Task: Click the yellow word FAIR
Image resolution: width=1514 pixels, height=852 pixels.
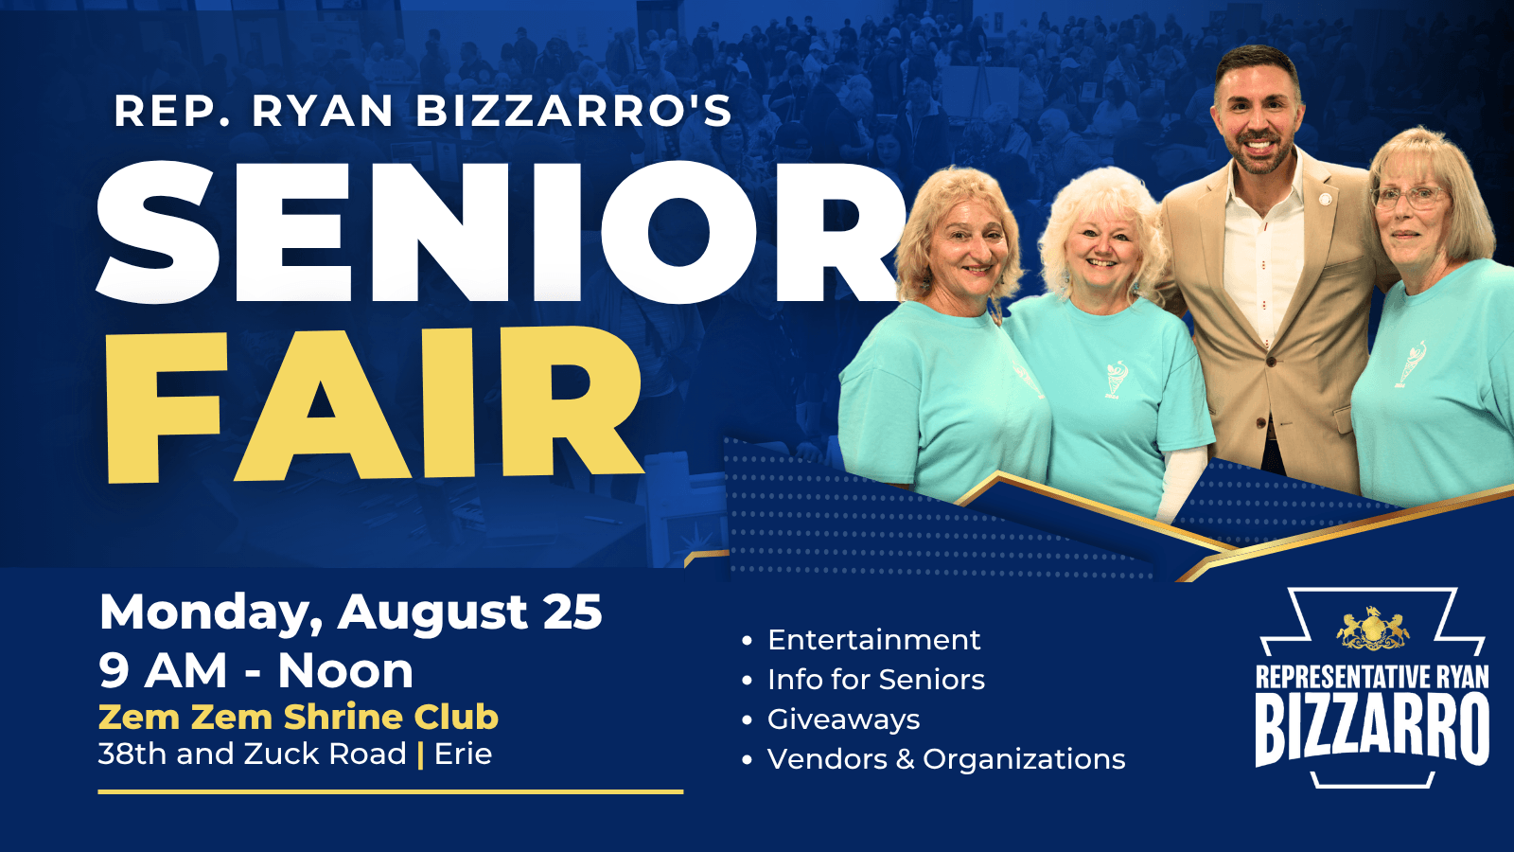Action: coord(374,406)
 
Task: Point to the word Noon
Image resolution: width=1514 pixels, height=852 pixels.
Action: coord(345,671)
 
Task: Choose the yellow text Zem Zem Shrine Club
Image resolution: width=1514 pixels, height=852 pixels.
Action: coord(298,717)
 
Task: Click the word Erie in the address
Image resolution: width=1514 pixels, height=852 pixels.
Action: coord(463,754)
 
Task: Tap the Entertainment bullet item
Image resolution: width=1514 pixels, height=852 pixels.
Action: coord(873,640)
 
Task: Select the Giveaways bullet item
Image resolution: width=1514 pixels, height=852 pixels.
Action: coord(843,719)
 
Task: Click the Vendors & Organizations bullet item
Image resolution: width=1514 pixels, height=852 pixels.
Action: coord(946,758)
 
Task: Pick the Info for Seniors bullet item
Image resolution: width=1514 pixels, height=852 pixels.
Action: coord(876,680)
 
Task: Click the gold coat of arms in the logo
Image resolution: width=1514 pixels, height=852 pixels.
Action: coord(1373,629)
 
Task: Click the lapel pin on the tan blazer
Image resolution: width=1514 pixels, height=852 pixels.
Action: coord(1326,200)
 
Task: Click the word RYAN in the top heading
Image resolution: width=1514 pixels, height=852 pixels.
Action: coord(323,111)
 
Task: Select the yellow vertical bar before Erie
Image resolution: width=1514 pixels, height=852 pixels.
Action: coord(420,754)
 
